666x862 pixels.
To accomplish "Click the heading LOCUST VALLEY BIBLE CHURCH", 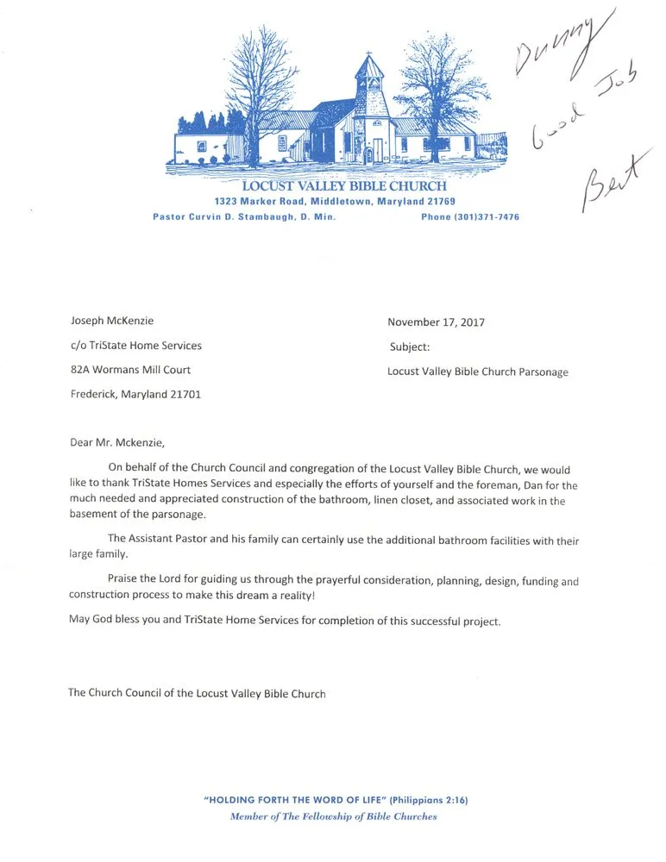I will click(x=344, y=185).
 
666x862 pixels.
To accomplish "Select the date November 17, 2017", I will click(x=436, y=322).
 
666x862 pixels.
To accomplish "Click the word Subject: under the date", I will click(x=410, y=347).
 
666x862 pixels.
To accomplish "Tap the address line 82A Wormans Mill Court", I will click(x=130, y=370).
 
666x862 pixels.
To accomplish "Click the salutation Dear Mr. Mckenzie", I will click(x=116, y=443).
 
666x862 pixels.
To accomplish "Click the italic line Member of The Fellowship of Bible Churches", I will click(x=334, y=816).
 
